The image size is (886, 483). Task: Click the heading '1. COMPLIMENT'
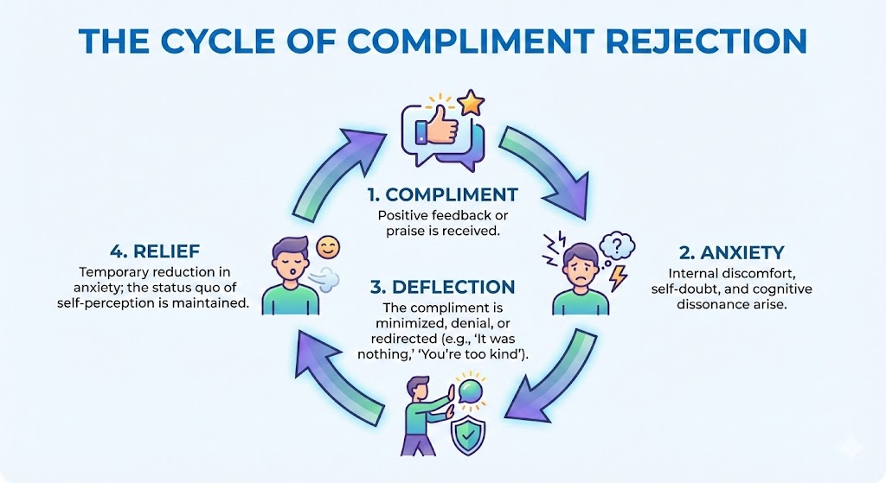click(x=442, y=194)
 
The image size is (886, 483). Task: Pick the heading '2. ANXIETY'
click(x=731, y=252)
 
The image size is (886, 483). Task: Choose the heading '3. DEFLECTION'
click(x=442, y=287)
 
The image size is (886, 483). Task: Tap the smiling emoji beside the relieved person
click(x=328, y=249)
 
